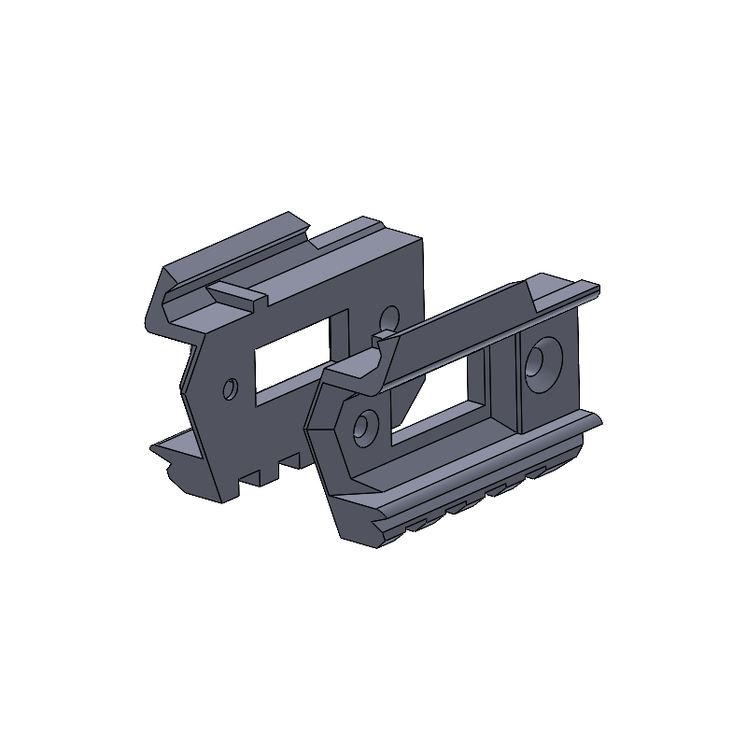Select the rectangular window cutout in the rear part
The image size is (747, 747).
click(291, 360)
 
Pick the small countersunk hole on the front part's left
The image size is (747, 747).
click(365, 428)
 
